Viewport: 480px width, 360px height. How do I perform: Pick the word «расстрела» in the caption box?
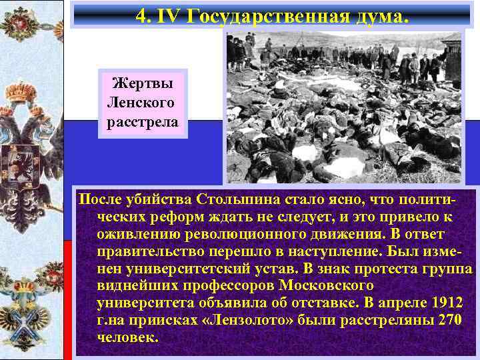[x=142, y=123]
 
